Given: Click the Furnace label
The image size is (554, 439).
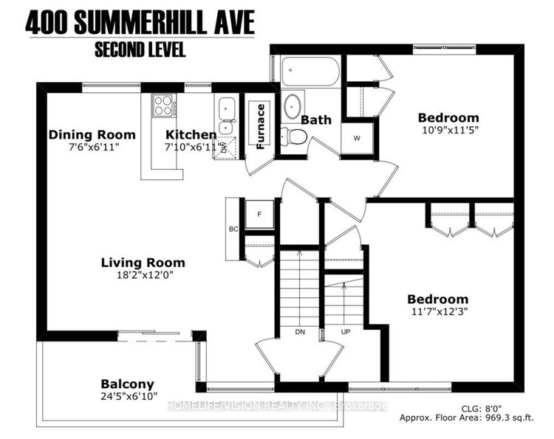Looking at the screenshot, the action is pos(261,127).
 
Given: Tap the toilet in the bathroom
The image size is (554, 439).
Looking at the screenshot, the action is pos(294,136).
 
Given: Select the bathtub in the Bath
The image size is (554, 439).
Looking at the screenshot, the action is pos(310,72).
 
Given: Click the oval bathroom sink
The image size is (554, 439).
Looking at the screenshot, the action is pos(293,105).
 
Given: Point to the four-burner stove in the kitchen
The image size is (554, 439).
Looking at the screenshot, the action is pos(163,106).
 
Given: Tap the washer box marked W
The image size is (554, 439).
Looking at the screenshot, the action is pos(358,138).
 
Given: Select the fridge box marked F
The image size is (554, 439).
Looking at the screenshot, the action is pos(260,214).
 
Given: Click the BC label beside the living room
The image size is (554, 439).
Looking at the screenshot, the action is pos(233,229).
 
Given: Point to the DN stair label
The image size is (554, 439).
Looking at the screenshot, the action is pos(300,332).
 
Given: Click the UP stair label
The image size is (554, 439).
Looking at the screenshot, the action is pos(346,332).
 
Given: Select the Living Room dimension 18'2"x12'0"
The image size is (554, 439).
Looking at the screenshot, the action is pos(146,275).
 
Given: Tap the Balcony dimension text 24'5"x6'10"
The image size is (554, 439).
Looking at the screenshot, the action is pos(129,397).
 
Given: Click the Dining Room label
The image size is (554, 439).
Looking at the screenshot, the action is pos(92,135).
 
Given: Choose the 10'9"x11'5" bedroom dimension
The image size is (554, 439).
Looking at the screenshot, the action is pos(450,130).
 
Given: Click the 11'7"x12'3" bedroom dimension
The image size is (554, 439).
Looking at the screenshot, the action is pos(440,311).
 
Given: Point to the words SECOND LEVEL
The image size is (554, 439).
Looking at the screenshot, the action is pos(140,49).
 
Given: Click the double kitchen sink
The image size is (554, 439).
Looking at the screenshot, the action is pos(227,116).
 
